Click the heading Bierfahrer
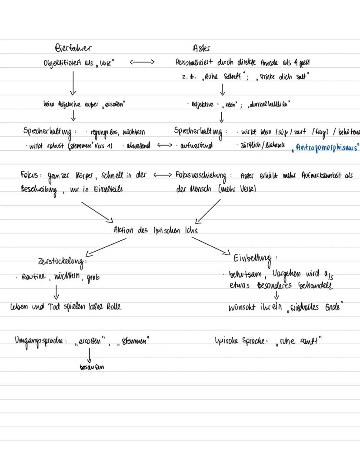[73, 47]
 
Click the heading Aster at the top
[201, 48]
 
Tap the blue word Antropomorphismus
[327, 147]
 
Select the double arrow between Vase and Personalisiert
[142, 62]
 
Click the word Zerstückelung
[63, 262]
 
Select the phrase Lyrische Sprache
[241, 341]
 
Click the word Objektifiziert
[63, 63]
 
